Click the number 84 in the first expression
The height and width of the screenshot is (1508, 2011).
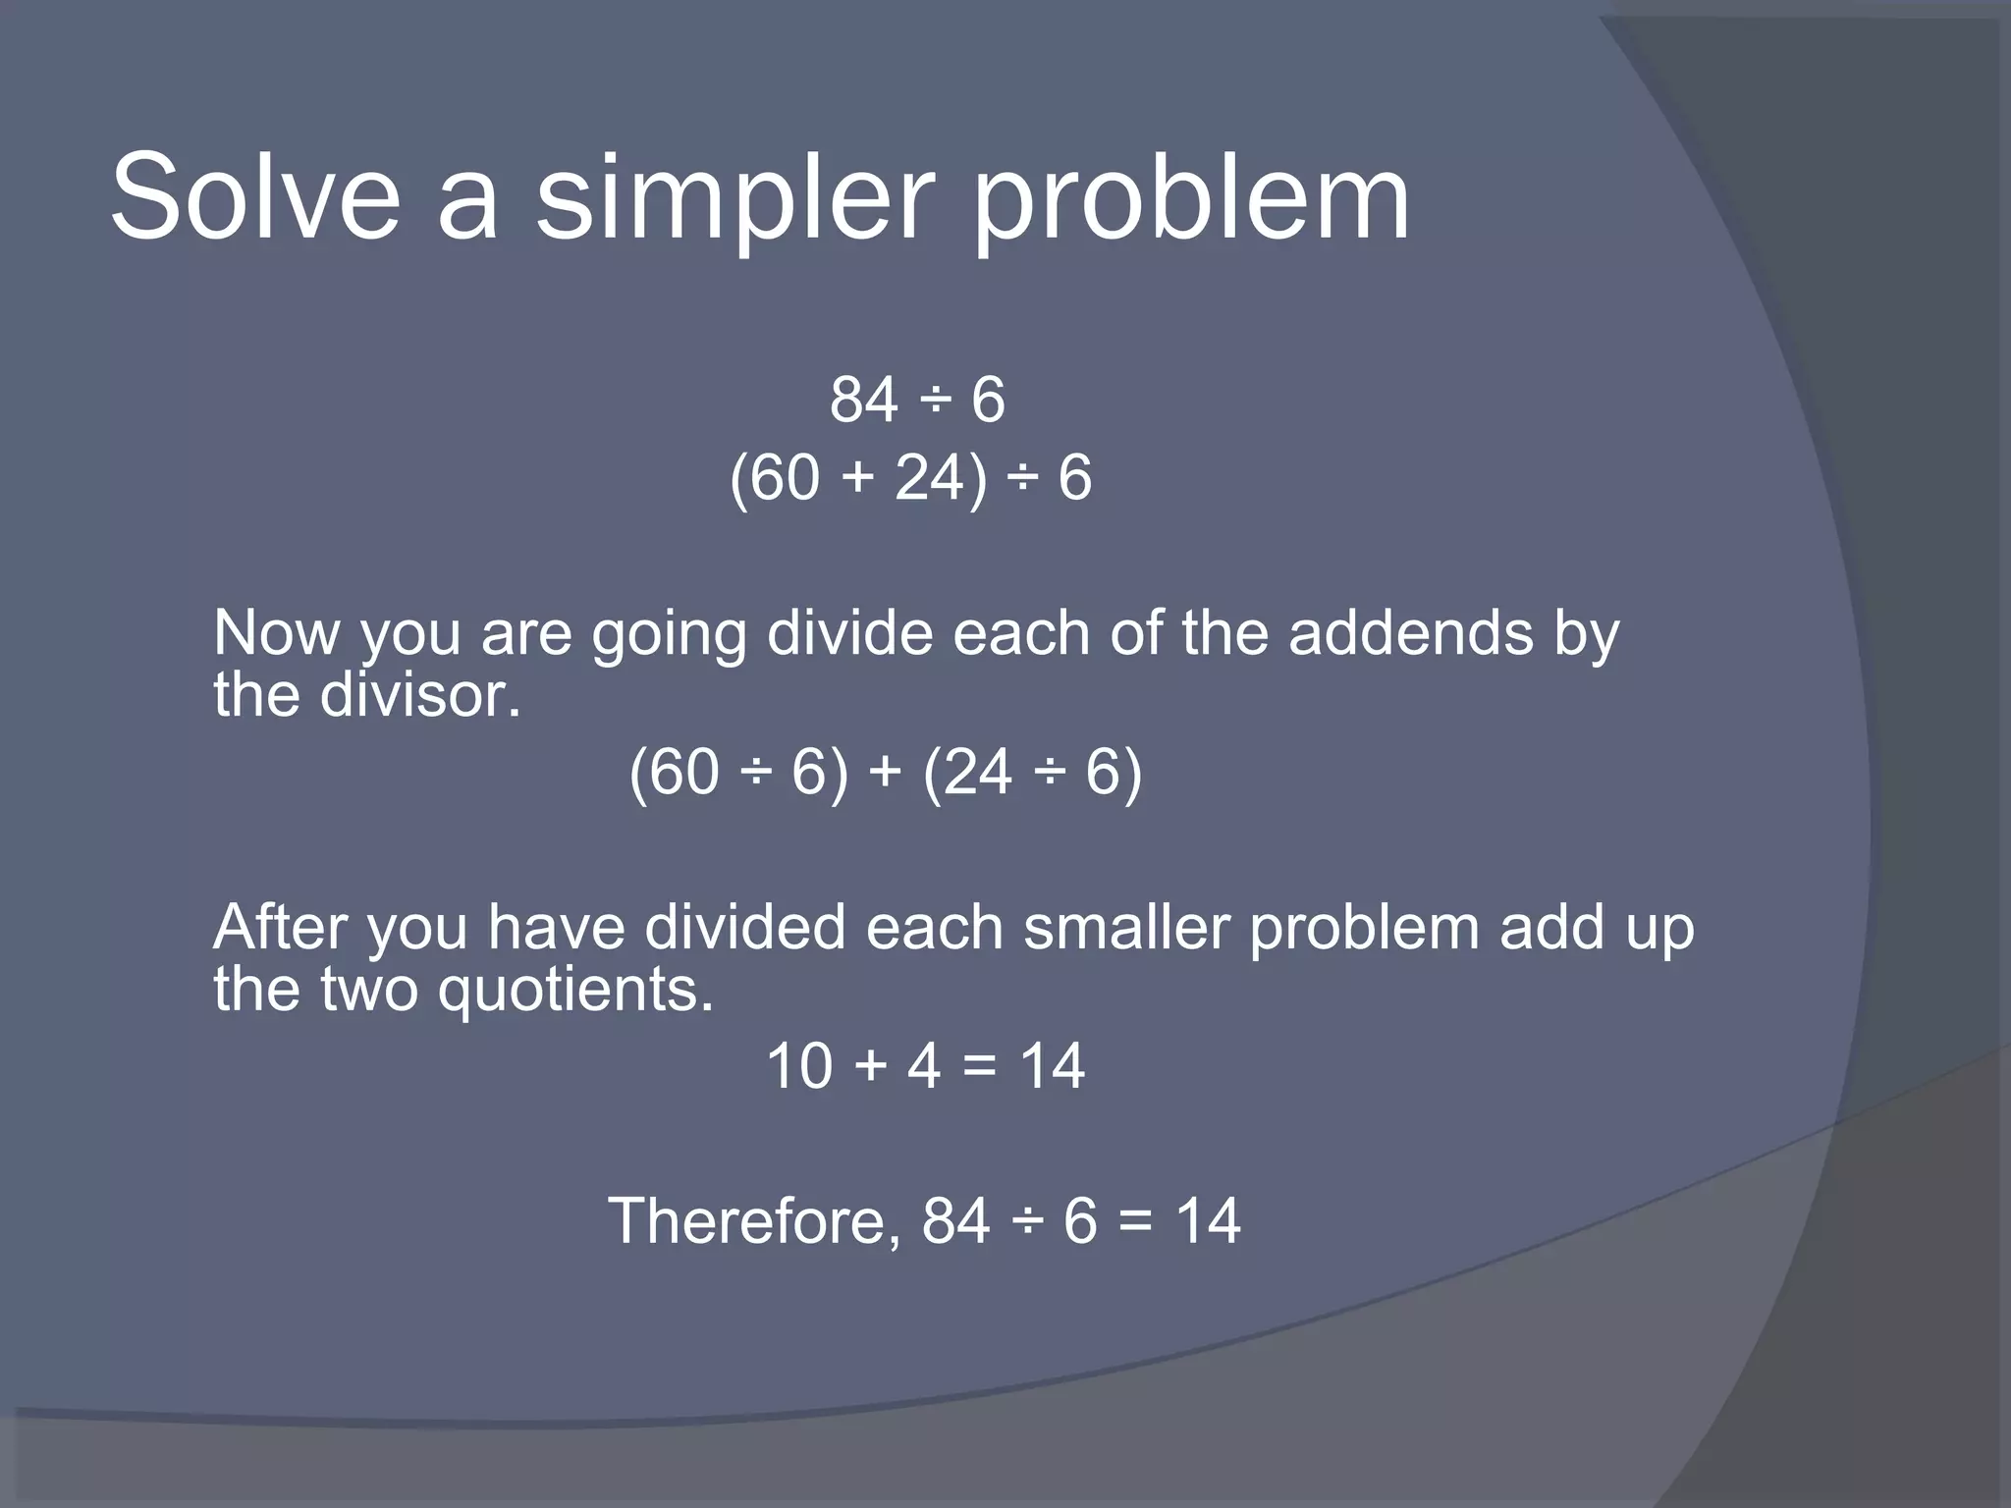click(864, 401)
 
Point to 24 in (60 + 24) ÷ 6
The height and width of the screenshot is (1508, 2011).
click(928, 478)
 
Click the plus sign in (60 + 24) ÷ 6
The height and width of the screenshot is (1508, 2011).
click(856, 478)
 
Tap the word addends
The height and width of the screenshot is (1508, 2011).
click(1410, 633)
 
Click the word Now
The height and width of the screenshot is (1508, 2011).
click(276, 633)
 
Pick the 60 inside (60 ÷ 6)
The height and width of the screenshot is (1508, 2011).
click(683, 772)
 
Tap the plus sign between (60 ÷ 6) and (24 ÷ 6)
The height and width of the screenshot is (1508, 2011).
click(885, 772)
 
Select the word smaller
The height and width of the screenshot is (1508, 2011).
click(1126, 928)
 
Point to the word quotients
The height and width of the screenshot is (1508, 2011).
click(574, 990)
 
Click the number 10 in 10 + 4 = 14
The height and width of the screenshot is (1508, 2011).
click(799, 1066)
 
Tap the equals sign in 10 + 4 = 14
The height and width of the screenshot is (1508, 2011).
click(979, 1066)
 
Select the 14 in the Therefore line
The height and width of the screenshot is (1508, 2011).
click(1208, 1221)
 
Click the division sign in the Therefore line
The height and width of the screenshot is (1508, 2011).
click(1026, 1223)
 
